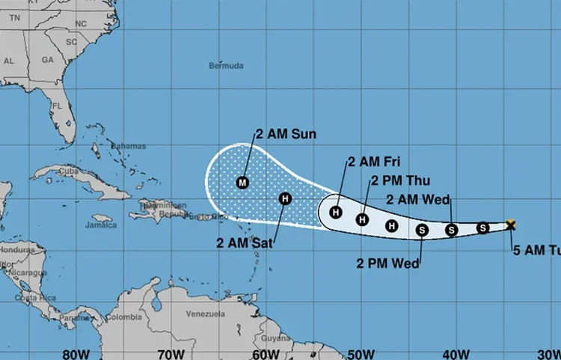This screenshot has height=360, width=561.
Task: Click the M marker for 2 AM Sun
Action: point(242,182)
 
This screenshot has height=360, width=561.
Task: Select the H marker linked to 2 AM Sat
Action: point(285,198)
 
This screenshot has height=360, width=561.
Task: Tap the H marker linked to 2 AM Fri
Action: point(337,213)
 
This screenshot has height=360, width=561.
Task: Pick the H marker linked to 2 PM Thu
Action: point(363,219)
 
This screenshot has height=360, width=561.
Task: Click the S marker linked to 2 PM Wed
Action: point(422,230)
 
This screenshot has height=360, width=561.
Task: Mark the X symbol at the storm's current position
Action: point(511,225)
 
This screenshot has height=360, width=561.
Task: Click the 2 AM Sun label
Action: point(286,135)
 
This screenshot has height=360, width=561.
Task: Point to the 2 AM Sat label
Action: point(246,242)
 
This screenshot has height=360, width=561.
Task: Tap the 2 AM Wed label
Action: point(417,199)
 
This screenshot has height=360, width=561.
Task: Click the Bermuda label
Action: point(226,66)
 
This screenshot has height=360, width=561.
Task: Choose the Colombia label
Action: point(123,317)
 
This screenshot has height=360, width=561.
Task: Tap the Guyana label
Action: point(277,338)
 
